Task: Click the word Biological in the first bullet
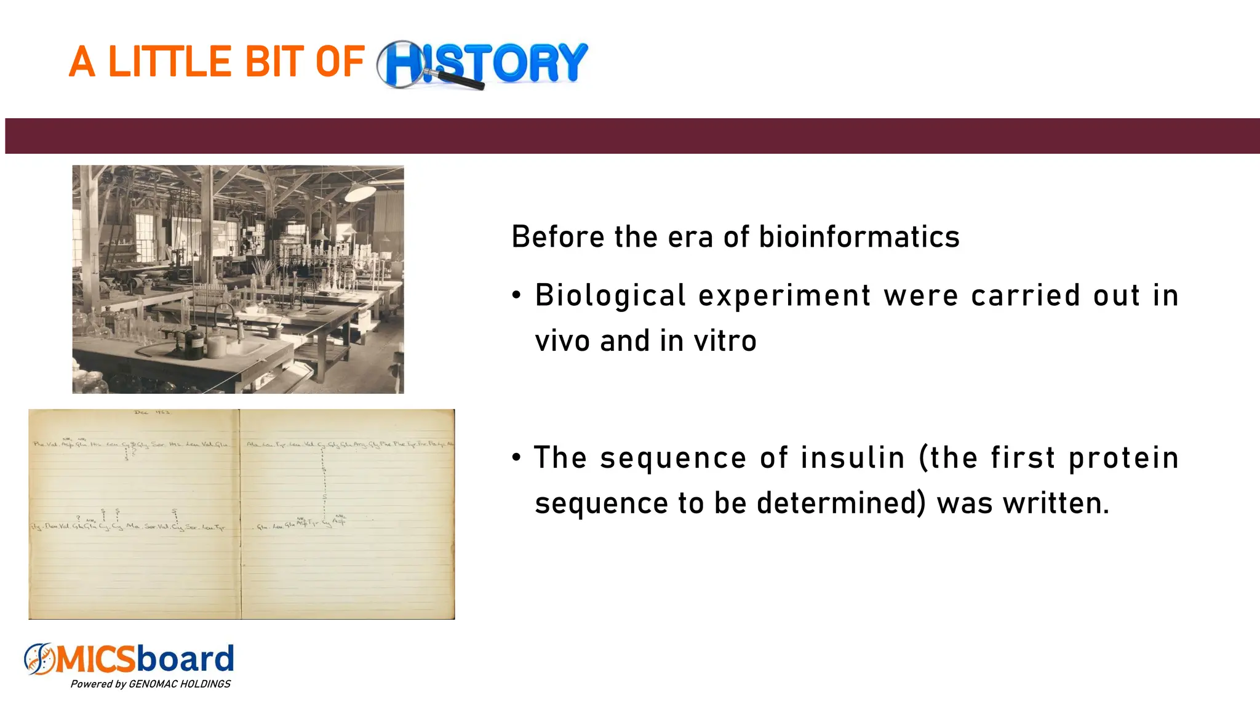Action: point(610,295)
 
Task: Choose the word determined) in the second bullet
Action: point(840,503)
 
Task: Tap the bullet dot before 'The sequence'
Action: point(517,458)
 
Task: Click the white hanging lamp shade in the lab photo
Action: point(360,193)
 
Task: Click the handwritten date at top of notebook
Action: point(151,412)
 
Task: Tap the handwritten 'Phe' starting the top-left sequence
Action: point(39,444)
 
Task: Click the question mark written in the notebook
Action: point(78,518)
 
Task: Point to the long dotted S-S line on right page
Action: point(324,483)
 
